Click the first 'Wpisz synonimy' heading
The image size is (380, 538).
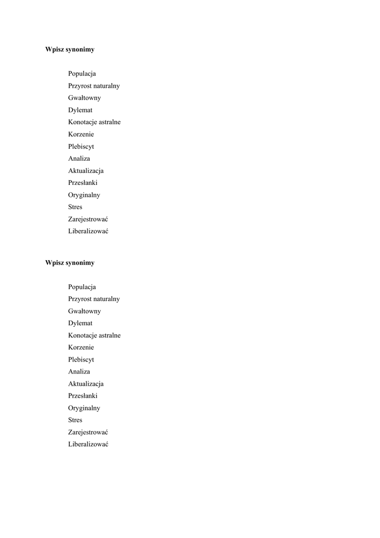tap(70, 49)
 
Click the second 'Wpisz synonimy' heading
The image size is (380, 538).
tap(70, 263)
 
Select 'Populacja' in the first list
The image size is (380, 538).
tap(82, 74)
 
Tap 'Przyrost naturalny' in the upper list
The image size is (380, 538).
tap(94, 86)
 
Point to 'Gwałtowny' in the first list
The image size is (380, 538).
tap(85, 98)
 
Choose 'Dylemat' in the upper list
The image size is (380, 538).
tap(80, 110)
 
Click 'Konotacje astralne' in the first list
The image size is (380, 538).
tap(94, 122)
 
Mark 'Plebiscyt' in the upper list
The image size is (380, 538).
tap(81, 147)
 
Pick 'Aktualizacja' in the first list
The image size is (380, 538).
tap(86, 171)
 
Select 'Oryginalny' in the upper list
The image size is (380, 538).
tap(84, 195)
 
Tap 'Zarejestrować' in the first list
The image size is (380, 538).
tap(88, 219)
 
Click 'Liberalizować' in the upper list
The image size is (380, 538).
tap(88, 231)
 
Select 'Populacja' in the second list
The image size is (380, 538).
tap(82, 287)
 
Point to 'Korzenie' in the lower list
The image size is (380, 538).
tap(81, 347)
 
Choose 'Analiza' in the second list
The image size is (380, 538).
tap(79, 371)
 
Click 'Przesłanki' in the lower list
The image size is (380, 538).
tap(83, 396)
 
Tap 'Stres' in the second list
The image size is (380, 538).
tap(75, 420)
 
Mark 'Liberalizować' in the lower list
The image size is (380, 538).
tap(88, 444)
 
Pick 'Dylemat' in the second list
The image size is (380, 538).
tap(80, 323)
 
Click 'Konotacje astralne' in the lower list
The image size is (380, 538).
tap(94, 335)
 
